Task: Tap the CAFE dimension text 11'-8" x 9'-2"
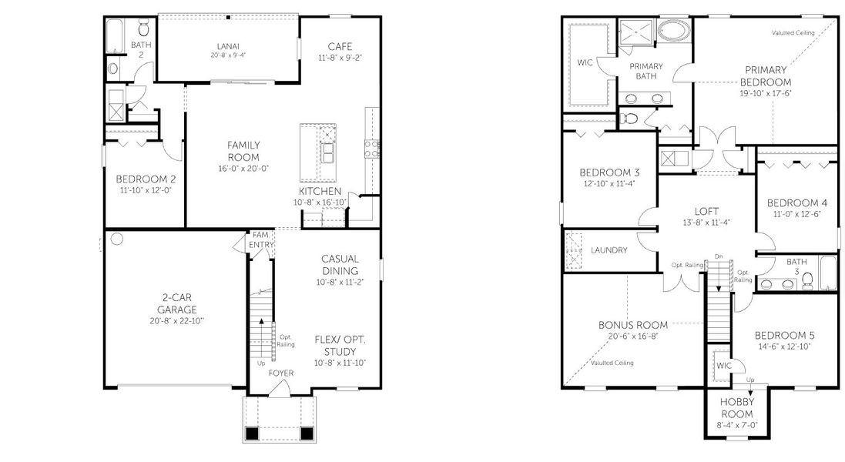340,58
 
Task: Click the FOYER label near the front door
280,373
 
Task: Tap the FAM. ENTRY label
260,240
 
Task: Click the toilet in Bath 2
143,29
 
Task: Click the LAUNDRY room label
609,250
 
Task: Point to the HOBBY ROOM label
736,408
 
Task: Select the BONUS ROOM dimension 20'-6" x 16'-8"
633,336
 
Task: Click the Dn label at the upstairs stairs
719,257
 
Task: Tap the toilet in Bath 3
806,283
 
